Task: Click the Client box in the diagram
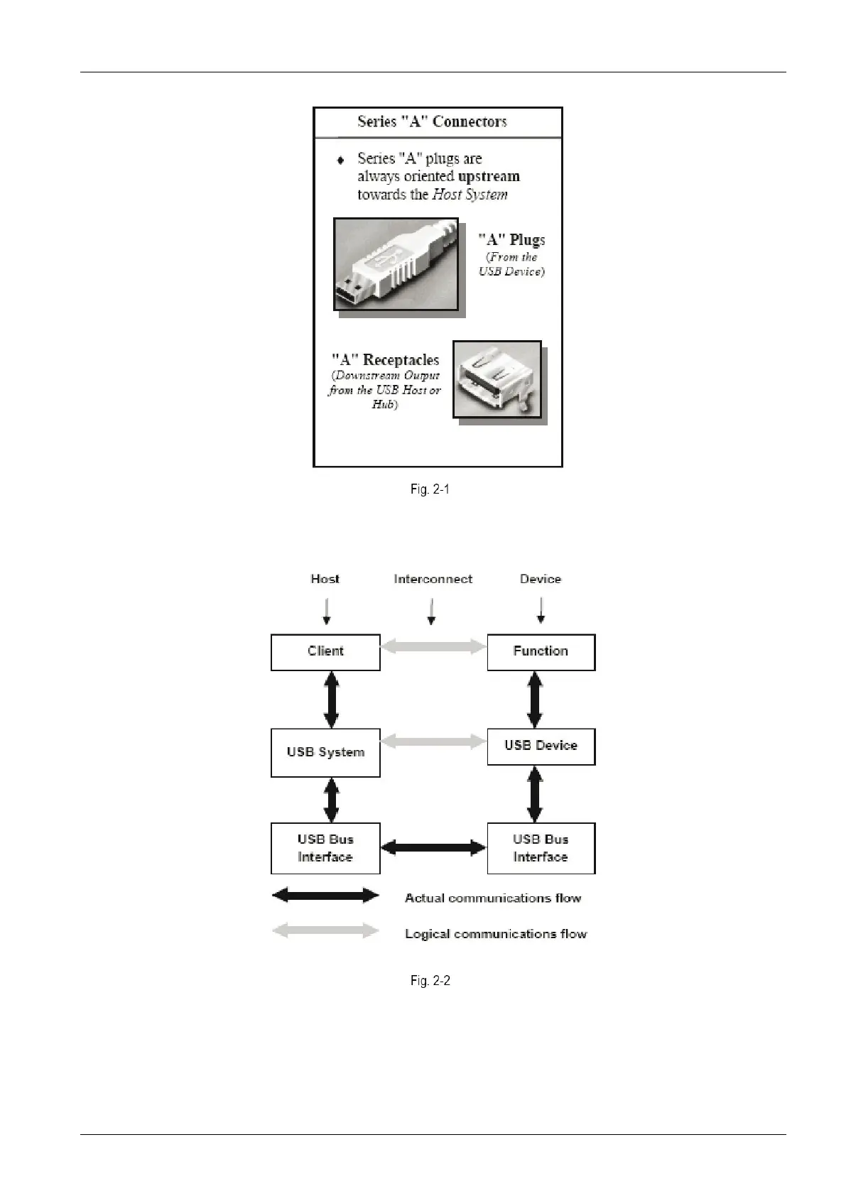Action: tap(325, 652)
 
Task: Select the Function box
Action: tap(541, 652)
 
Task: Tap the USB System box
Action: tap(325, 752)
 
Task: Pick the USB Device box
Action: tap(541, 746)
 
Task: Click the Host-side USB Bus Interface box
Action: tap(325, 848)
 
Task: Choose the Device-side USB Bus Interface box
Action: tap(541, 848)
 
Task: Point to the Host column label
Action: tap(325, 579)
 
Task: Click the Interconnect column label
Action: tap(433, 579)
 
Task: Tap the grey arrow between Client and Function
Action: tap(433, 646)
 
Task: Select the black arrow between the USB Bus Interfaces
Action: tap(433, 847)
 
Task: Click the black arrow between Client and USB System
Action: tap(331, 700)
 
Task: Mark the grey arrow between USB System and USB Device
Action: tap(433, 741)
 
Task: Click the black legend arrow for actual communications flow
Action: tap(325, 896)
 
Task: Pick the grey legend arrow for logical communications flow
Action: tap(325, 930)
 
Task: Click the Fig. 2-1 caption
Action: tap(430, 489)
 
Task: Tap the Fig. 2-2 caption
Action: tap(430, 981)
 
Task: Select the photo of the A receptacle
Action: tap(497, 379)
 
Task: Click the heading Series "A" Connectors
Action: tap(432, 121)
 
